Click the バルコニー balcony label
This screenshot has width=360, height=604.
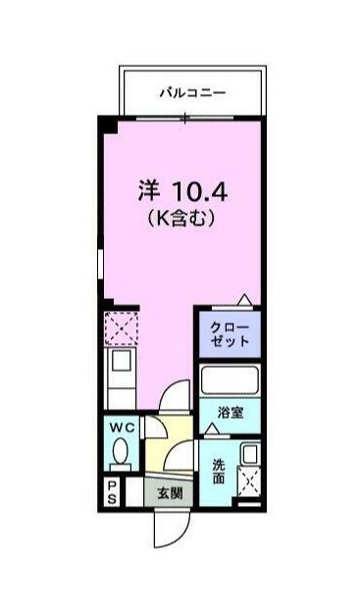pyautogui.click(x=192, y=93)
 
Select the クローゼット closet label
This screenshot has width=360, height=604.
pyautogui.click(x=227, y=333)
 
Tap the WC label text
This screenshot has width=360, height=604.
pyautogui.click(x=123, y=428)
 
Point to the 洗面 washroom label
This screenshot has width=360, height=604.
pyautogui.click(x=218, y=471)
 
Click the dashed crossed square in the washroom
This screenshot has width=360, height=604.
pyautogui.click(x=249, y=482)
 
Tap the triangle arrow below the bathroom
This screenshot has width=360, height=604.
pyautogui.click(x=213, y=430)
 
